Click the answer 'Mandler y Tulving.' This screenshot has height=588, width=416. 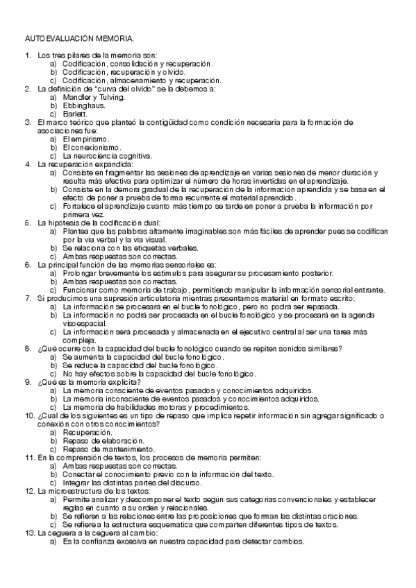94,98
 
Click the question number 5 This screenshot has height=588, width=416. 28,223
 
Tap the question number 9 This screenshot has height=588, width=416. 28,381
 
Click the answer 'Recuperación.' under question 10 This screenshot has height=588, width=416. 87,432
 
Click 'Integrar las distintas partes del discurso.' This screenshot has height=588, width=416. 132,483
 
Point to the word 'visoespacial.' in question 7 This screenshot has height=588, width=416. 84,323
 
